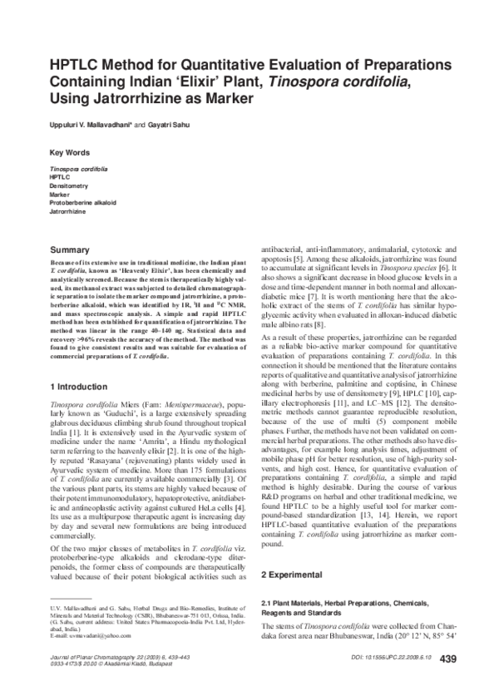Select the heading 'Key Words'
click(71, 154)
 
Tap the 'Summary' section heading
click(72, 249)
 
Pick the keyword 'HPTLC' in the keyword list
click(61, 177)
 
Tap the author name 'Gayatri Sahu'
click(173, 124)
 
